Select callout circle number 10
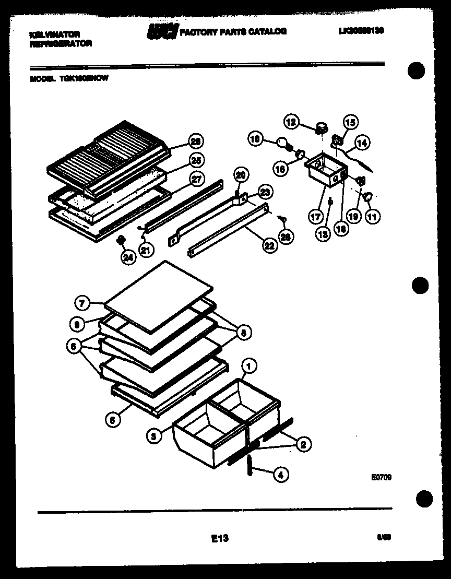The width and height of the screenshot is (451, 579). (255, 139)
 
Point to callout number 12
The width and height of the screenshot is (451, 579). (291, 122)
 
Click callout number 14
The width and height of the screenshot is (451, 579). (362, 141)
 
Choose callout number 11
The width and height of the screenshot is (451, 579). (373, 216)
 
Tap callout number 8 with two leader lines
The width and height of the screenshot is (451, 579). (243, 332)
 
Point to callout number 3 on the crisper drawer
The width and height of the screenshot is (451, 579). (153, 438)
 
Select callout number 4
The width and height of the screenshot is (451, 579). (281, 475)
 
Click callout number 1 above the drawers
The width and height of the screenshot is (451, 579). (250, 367)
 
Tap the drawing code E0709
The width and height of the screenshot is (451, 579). (382, 476)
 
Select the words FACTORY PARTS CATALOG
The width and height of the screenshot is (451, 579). (233, 31)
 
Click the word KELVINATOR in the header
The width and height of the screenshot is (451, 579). (55, 34)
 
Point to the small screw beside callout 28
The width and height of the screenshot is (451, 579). (280, 219)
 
